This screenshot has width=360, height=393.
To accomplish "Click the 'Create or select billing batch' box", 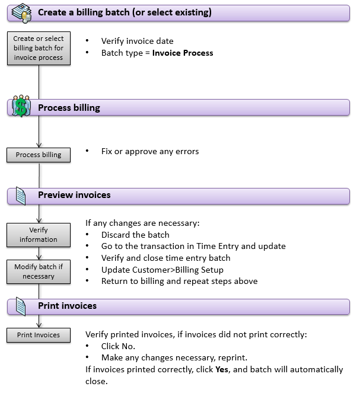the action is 39,48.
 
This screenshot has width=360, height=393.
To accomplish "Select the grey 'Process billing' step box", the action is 39,155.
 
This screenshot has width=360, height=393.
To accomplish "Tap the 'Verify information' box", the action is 39,235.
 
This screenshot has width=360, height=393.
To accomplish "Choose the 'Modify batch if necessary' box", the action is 39,271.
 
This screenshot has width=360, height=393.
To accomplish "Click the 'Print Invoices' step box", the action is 39,335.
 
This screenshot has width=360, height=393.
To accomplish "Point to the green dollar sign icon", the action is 21,107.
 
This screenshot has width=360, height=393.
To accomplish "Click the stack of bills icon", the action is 21,13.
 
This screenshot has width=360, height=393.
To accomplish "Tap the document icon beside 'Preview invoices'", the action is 21,196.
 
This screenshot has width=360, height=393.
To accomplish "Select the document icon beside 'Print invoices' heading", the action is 21,306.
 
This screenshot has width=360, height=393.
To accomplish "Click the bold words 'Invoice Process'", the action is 183,53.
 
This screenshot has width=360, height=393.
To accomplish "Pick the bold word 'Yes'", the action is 222,369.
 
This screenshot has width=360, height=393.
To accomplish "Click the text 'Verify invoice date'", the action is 137,41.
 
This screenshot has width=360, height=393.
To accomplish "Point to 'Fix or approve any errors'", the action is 150,151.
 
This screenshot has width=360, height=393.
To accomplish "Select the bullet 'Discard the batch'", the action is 135,235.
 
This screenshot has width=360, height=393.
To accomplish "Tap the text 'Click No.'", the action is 118,346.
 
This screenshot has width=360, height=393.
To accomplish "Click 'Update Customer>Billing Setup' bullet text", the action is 162,270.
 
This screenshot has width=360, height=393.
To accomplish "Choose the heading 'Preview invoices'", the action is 74,195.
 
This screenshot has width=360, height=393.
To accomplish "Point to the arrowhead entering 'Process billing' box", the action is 39,145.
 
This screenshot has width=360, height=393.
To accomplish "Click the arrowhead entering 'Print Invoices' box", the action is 39,325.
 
